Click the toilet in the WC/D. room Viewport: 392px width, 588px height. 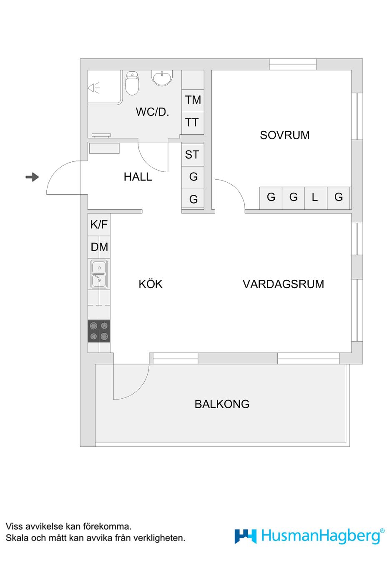[132, 83]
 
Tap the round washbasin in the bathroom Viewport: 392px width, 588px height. [162, 78]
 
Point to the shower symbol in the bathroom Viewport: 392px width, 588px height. [94, 88]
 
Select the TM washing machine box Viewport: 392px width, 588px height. [193, 100]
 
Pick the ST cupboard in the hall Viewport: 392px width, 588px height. [193, 155]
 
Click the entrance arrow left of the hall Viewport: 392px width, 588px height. [32, 177]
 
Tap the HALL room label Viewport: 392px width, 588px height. [138, 177]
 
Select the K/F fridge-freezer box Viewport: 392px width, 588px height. [99, 225]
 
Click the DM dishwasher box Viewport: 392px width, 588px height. [99, 247]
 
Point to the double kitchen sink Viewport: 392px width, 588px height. [99, 274]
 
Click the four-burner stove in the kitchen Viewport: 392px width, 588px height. [99, 331]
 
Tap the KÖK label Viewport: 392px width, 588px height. [151, 284]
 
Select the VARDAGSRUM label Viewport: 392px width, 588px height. [283, 284]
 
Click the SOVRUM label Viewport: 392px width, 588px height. [284, 136]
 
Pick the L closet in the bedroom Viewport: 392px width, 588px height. [316, 198]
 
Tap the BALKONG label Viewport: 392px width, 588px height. [222, 404]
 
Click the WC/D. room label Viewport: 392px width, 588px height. [152, 112]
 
